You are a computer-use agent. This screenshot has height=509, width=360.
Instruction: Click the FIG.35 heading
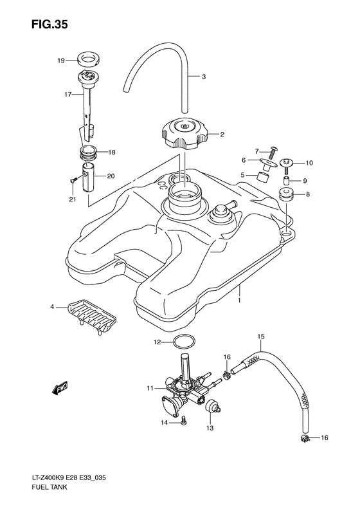50,24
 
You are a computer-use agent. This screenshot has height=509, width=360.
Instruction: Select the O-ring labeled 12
184,342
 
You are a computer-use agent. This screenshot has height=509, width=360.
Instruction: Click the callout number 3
204,77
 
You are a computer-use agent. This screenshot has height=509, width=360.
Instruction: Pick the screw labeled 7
272,153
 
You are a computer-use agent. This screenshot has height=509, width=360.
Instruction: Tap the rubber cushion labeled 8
285,194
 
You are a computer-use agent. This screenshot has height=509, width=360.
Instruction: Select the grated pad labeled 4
92,316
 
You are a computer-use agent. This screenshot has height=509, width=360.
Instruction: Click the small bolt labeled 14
184,420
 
